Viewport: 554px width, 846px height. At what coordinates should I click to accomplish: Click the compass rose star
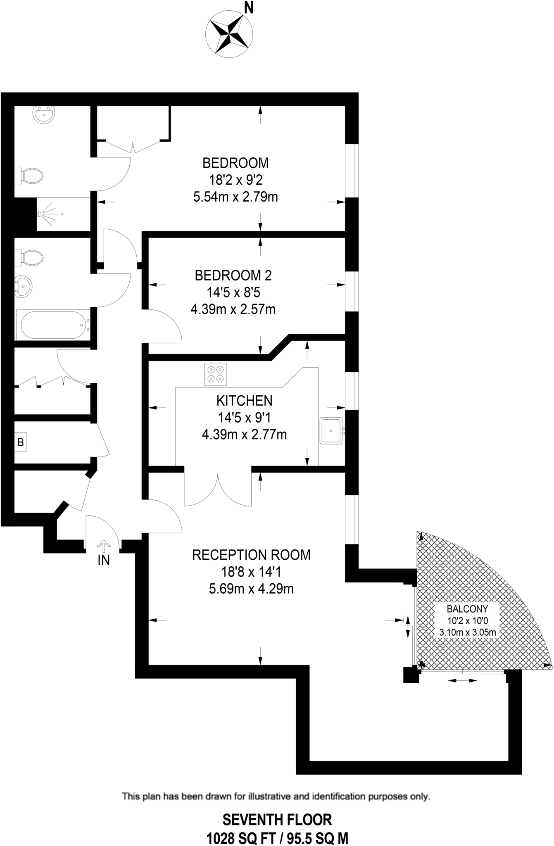(229, 32)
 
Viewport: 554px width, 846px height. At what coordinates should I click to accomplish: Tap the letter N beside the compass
(249, 8)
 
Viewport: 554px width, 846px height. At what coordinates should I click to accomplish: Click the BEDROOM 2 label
(233, 275)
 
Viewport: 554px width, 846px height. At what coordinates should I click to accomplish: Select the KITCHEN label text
(244, 400)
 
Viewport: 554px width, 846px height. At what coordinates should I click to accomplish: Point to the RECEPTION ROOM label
(251, 554)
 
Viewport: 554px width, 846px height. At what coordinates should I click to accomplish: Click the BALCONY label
(467, 608)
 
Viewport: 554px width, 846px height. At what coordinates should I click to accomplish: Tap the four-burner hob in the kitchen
(216, 374)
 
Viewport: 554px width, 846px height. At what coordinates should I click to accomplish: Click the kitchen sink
(331, 430)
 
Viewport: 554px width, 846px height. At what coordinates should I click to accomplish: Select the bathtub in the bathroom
(54, 325)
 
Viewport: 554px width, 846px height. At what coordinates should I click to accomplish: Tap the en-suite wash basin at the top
(43, 114)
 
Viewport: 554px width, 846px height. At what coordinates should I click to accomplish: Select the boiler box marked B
(21, 442)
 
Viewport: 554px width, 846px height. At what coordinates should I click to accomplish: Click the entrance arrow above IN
(104, 546)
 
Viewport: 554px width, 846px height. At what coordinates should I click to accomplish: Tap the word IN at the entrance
(104, 560)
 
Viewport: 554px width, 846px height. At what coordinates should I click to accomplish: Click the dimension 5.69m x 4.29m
(251, 589)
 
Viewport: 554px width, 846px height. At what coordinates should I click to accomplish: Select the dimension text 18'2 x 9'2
(235, 180)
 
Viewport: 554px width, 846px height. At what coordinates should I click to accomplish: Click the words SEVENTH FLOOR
(277, 820)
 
